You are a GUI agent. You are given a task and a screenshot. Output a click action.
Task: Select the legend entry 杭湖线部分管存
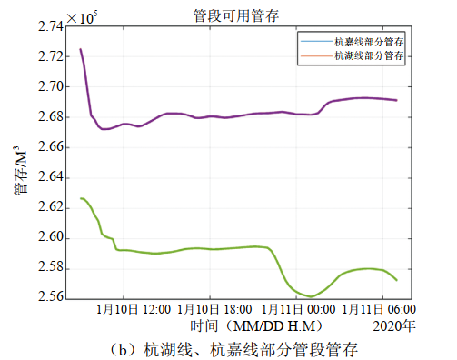(367, 55)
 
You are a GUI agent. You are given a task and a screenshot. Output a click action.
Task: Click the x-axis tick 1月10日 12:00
(131, 310)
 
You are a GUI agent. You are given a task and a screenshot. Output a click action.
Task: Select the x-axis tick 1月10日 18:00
(212, 310)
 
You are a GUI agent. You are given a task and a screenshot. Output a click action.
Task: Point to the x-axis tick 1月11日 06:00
(373, 310)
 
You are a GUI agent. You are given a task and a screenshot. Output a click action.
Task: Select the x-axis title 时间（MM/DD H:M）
(245, 325)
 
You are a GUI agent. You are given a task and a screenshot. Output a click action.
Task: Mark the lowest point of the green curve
(311, 296)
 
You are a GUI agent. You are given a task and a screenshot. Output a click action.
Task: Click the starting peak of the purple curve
(81, 49)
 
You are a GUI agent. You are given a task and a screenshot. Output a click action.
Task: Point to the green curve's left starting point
(81, 198)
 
